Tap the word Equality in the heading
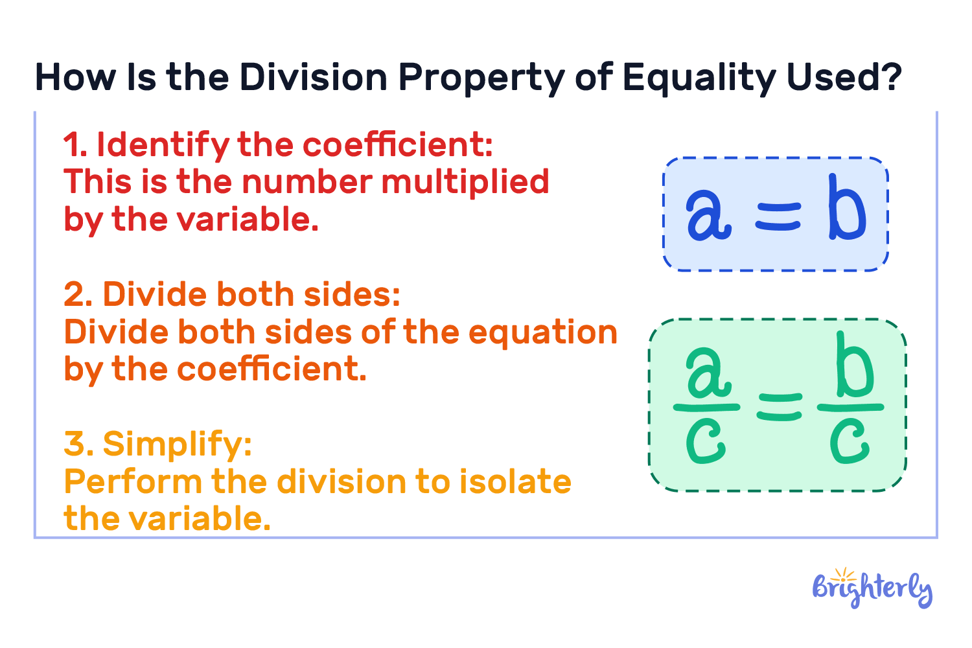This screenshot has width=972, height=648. click(x=698, y=78)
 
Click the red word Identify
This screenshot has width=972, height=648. click(x=162, y=146)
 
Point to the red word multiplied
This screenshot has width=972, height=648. click(x=465, y=182)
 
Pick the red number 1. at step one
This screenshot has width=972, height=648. click(x=75, y=146)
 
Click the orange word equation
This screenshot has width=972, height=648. click(x=542, y=333)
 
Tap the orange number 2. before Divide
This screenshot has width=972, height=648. click(x=78, y=295)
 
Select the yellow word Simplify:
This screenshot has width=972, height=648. click(x=177, y=445)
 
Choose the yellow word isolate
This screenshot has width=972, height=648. click(x=515, y=482)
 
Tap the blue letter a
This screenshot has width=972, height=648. click(x=708, y=214)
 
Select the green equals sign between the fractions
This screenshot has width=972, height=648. click(x=779, y=408)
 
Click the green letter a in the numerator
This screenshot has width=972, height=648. click(x=708, y=374)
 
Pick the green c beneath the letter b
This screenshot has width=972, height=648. click(x=849, y=441)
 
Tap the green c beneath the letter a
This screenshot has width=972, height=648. click(x=706, y=441)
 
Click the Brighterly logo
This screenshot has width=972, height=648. click(x=872, y=588)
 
